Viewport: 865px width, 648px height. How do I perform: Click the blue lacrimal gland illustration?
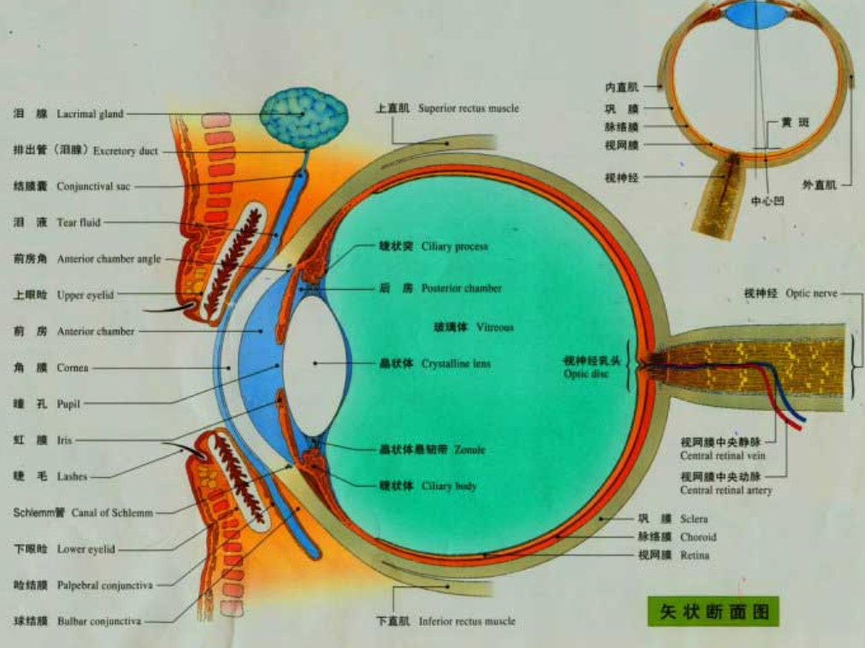coord(303,117)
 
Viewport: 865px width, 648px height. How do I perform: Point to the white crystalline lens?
coord(314,363)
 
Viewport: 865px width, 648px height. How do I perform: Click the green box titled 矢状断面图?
coord(715,611)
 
